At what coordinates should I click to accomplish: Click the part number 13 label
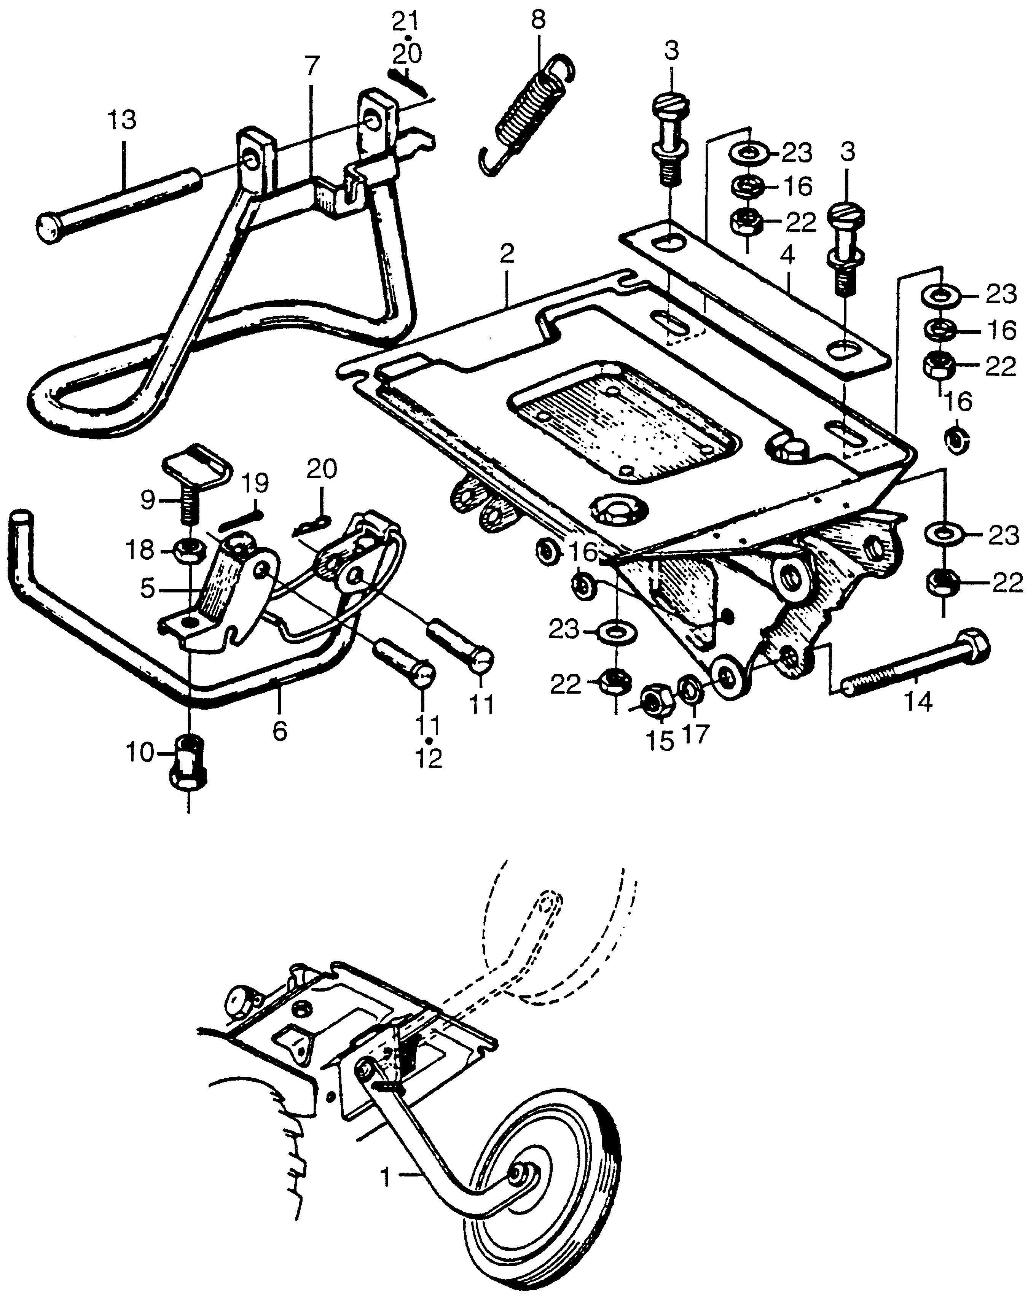tap(122, 121)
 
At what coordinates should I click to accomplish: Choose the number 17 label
tap(695, 734)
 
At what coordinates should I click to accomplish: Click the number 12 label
tap(429, 758)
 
